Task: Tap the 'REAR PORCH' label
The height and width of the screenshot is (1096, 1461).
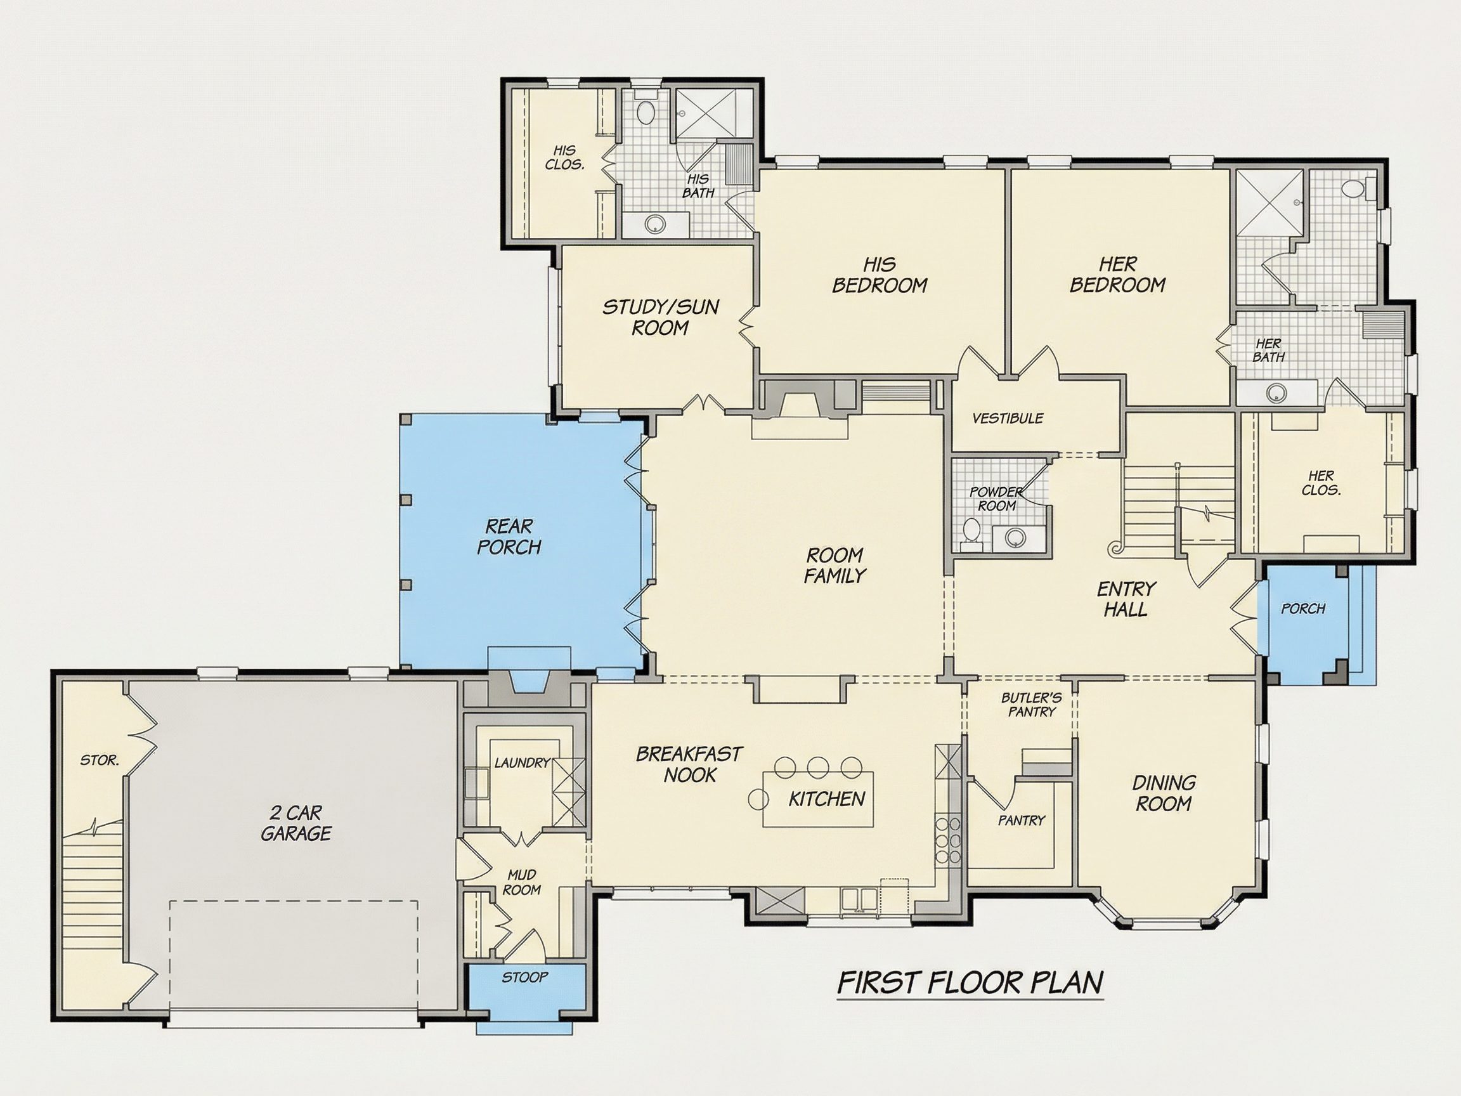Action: (x=509, y=537)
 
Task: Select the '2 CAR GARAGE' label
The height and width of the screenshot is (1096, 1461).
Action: (x=296, y=823)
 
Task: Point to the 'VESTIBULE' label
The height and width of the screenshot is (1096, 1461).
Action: (x=1008, y=418)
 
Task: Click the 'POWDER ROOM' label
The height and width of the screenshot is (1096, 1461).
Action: (x=997, y=499)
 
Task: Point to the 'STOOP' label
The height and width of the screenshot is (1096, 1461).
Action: (x=524, y=977)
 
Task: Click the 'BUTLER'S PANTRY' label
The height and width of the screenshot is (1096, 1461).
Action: (x=1032, y=704)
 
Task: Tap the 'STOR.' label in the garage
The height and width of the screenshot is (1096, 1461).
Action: (x=100, y=760)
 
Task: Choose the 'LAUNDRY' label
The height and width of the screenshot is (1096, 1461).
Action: (x=522, y=762)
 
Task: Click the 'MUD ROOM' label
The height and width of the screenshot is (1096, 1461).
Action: (x=522, y=883)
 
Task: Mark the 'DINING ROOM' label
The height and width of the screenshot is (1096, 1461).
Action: (x=1164, y=793)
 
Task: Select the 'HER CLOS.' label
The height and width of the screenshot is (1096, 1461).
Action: (x=1321, y=483)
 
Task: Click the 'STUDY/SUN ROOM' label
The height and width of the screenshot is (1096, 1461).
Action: (x=661, y=317)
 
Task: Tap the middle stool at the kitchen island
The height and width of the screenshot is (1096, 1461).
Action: (x=819, y=767)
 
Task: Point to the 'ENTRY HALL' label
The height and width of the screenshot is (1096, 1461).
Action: (x=1126, y=599)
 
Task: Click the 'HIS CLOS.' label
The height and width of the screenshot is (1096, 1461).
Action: (x=565, y=158)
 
